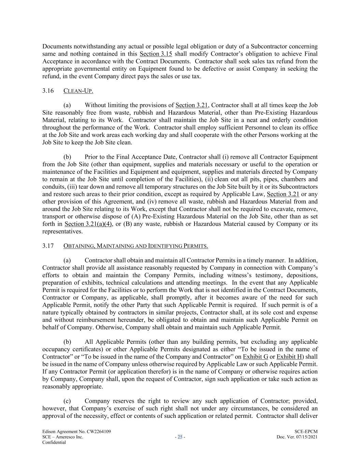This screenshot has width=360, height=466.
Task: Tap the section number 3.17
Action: (x=48, y=246)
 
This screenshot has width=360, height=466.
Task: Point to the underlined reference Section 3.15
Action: (x=156, y=54)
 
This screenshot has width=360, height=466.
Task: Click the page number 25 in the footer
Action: (x=180, y=437)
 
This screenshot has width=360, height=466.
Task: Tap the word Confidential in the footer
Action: (x=54, y=442)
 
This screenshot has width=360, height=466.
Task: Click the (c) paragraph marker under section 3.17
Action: (x=67, y=401)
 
